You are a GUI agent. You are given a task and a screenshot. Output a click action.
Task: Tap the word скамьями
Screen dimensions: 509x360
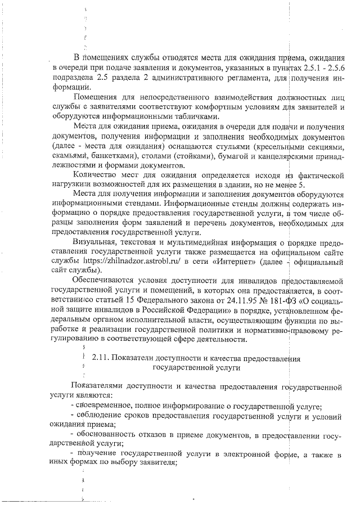tap(69, 156)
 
